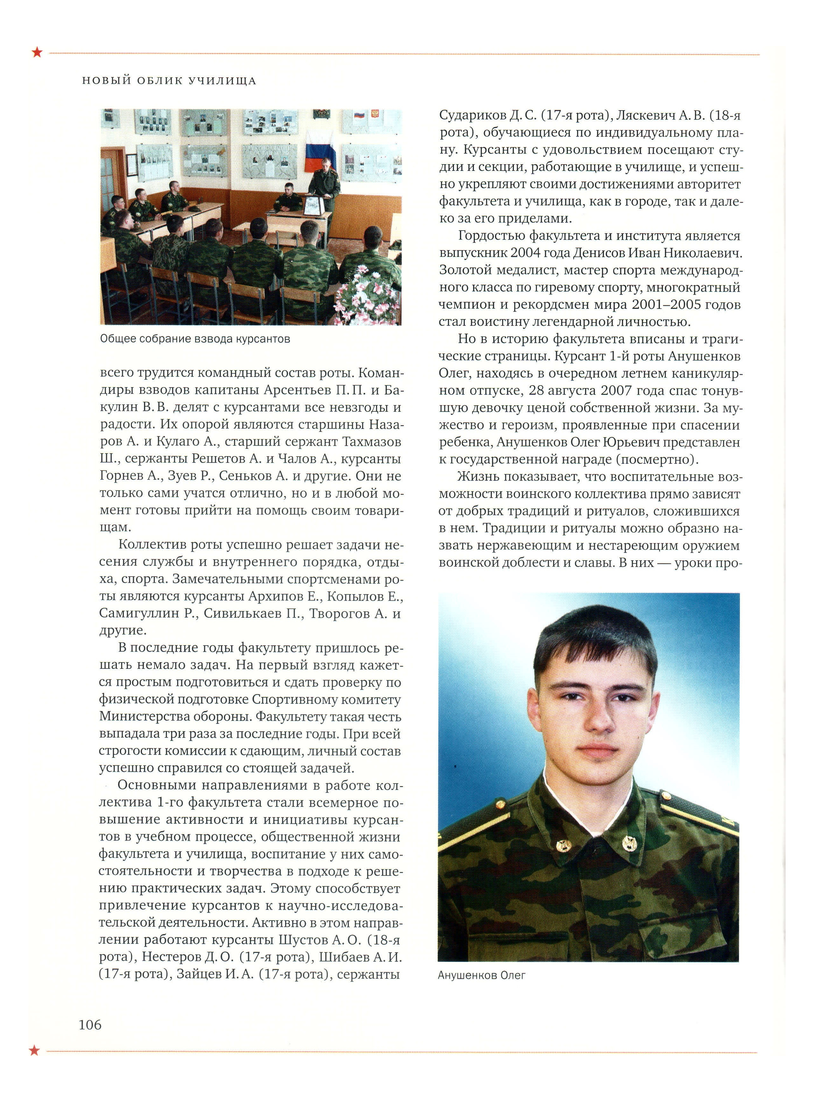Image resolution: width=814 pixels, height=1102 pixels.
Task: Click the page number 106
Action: point(90,1025)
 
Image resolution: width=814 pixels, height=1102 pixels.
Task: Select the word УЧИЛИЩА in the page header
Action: point(223,81)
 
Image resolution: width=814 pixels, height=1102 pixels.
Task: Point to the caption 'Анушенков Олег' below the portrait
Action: point(481,975)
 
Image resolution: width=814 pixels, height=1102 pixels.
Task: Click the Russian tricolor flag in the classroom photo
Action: point(320,151)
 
